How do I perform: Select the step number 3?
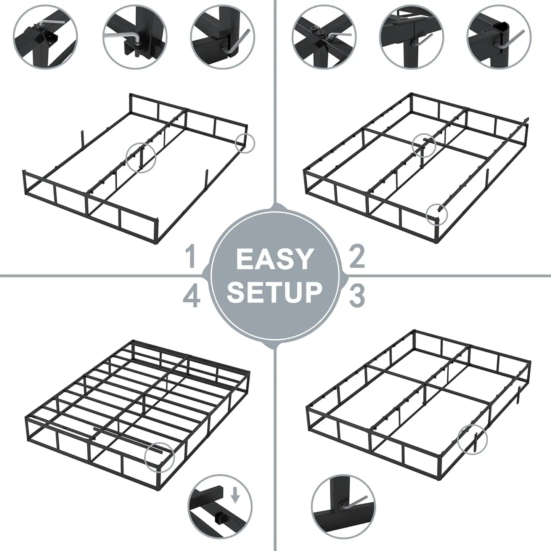pyautogui.click(x=356, y=296)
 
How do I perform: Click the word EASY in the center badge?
pyautogui.click(x=273, y=259)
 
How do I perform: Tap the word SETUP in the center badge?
pyautogui.click(x=275, y=292)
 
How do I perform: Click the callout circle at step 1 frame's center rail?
pyautogui.click(x=141, y=156)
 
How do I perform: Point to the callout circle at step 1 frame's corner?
pyautogui.click(x=245, y=143)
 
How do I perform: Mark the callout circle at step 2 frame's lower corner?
pyautogui.click(x=437, y=214)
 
